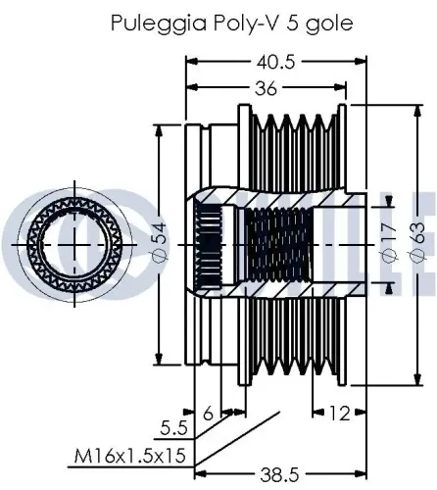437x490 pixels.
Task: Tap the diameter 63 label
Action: click(x=416, y=240)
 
